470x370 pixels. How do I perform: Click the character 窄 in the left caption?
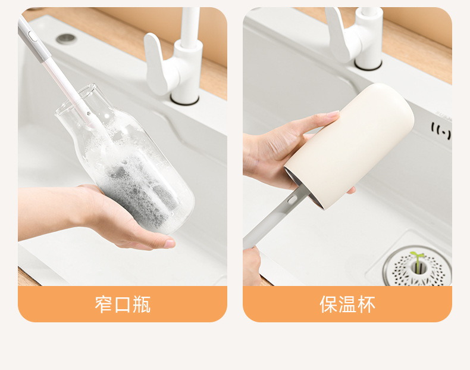104,304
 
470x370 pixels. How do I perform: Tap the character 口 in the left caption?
123,304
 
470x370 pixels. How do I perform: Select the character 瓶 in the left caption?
141,304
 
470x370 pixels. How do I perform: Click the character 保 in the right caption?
328,304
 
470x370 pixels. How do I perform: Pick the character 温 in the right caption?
347,304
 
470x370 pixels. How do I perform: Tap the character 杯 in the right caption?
366,304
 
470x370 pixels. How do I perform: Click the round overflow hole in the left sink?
66,39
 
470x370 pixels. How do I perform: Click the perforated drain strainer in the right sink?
417,267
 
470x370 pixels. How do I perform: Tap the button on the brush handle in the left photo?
32,36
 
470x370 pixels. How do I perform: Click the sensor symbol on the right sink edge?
441,131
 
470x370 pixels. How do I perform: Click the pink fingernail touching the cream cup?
333,114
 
